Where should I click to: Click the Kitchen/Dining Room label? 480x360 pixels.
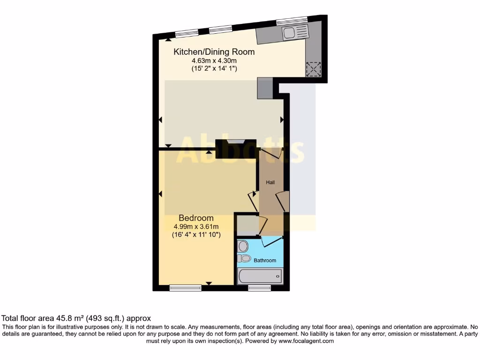click(x=214, y=52)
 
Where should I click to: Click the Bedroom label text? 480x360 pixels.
click(x=196, y=218)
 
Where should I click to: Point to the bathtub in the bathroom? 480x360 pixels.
click(x=260, y=277)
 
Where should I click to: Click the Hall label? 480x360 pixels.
click(x=270, y=182)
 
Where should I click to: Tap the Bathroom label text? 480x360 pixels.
click(x=265, y=260)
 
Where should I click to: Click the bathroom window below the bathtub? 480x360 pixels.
click(x=259, y=288)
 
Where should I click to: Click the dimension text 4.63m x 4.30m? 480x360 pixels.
click(x=214, y=61)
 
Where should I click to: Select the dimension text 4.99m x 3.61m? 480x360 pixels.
click(x=196, y=226)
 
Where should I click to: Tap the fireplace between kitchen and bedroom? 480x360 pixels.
click(x=236, y=147)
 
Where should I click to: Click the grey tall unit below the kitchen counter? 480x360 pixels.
click(x=264, y=88)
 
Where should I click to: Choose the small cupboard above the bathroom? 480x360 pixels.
click(x=246, y=225)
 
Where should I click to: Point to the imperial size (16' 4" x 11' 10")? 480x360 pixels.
click(x=196, y=235)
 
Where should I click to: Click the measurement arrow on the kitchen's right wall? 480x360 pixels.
click(x=282, y=120)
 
